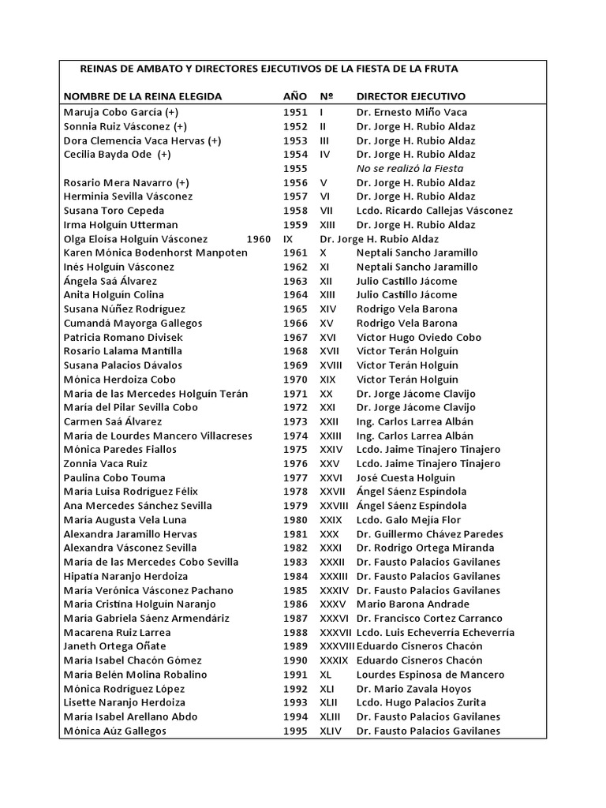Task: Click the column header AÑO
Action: (295, 96)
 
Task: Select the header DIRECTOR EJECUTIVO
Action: (410, 96)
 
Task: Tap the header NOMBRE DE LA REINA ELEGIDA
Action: (143, 96)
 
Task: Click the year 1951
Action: (295, 112)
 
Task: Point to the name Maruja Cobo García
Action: (121, 112)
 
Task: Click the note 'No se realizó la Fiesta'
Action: (410, 168)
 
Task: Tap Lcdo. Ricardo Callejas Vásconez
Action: (434, 211)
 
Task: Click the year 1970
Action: (295, 379)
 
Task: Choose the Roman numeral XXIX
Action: (331, 520)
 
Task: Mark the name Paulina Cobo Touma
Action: (114, 477)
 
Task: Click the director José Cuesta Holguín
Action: (406, 477)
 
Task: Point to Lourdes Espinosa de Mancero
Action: (430, 675)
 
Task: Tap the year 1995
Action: (295, 731)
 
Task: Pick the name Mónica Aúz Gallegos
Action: (115, 731)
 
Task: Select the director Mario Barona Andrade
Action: (413, 604)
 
